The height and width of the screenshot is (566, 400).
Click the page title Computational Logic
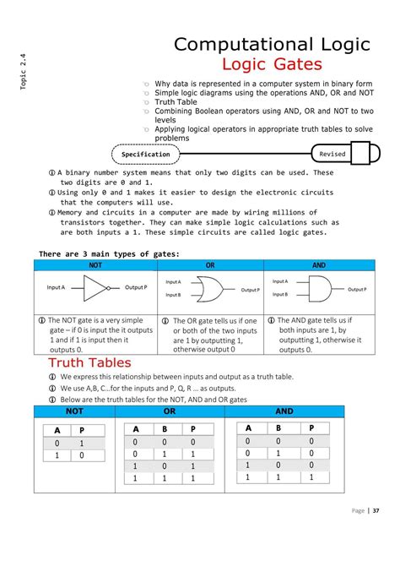tap(271, 44)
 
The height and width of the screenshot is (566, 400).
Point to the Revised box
tap(332, 155)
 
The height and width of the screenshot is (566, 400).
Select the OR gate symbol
tap(211, 287)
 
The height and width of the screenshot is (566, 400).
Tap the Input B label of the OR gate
tap(173, 295)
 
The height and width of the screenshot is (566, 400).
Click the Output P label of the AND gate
tap(356, 289)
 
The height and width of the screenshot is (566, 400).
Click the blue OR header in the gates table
tap(210, 265)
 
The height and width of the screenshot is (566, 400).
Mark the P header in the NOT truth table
tap(82, 430)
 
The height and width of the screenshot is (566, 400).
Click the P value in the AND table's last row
tap(311, 476)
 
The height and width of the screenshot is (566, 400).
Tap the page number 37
tap(376, 534)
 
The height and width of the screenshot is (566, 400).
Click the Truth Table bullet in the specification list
tap(175, 102)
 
